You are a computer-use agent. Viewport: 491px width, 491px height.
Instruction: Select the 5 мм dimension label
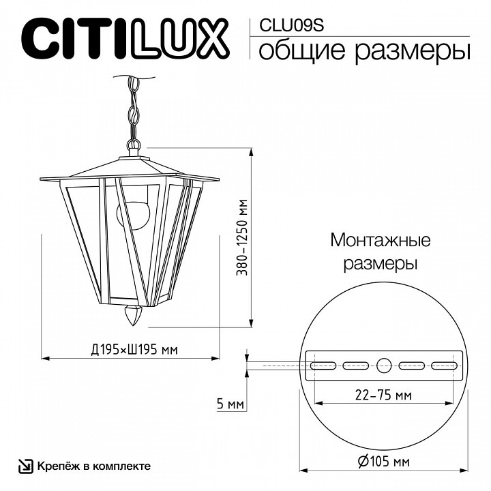click(x=229, y=404)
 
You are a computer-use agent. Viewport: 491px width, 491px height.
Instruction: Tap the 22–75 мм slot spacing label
click(x=384, y=395)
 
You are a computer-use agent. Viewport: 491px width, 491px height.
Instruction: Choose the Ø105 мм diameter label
click(x=383, y=462)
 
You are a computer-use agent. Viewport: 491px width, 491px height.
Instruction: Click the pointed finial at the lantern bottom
click(x=134, y=316)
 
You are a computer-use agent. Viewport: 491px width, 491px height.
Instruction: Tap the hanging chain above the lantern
click(x=132, y=109)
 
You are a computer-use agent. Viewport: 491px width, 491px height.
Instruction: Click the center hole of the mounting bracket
click(x=384, y=365)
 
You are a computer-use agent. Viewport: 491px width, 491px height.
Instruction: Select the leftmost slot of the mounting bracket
click(x=323, y=365)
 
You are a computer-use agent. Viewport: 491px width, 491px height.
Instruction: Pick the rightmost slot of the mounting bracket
click(x=444, y=365)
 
